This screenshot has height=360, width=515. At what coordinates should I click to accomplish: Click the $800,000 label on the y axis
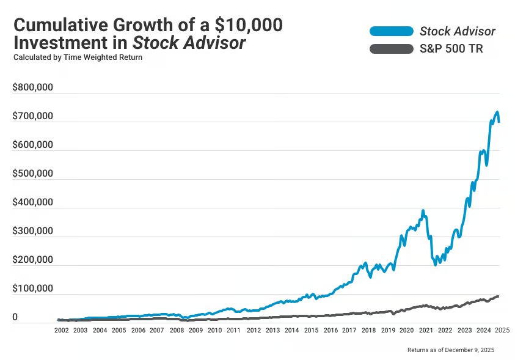33,87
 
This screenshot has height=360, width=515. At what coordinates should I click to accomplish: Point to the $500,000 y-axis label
33,174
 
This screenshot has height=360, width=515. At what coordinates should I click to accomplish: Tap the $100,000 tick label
33,289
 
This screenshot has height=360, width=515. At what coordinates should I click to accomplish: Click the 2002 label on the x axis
61,330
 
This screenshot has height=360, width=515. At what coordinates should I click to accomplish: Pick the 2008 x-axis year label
176,330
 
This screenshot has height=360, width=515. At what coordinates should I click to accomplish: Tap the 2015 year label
311,330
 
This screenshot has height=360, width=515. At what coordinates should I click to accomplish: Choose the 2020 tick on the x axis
406,330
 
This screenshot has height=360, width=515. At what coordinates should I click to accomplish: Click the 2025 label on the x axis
502,330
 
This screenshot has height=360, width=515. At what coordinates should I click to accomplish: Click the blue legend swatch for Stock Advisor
391,31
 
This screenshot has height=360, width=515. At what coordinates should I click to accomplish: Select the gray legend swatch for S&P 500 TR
391,49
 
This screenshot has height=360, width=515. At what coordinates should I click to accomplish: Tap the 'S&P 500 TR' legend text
451,49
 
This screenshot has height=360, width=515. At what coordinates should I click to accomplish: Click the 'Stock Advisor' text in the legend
458,31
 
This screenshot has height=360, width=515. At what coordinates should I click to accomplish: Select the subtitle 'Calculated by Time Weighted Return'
78,57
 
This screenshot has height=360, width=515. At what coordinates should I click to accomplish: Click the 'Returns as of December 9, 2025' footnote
451,350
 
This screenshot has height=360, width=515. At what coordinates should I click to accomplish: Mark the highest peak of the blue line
497,112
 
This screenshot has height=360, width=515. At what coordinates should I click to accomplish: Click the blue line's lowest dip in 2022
436,264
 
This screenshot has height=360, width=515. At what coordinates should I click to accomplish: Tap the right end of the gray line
498,296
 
